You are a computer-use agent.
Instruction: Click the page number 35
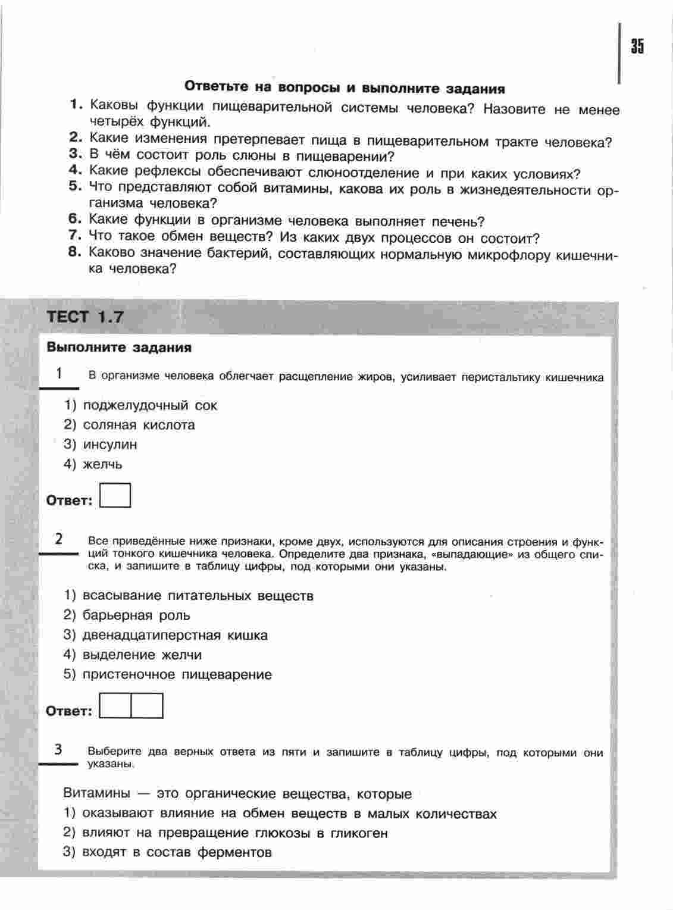(637, 46)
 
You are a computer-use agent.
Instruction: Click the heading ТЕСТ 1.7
(85, 317)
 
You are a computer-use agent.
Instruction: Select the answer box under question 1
(115, 495)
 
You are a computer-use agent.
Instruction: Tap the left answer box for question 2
(115, 706)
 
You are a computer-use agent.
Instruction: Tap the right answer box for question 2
(147, 706)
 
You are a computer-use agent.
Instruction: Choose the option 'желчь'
(102, 464)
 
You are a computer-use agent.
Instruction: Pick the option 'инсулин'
(110, 445)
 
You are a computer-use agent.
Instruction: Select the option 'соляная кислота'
(139, 425)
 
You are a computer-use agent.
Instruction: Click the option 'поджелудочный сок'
(150, 405)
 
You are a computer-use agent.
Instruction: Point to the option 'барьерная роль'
(136, 615)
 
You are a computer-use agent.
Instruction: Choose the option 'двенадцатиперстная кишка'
(175, 635)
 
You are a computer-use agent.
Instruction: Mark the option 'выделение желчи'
(142, 655)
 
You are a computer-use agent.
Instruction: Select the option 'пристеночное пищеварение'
(177, 674)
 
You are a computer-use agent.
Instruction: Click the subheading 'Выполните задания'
(119, 348)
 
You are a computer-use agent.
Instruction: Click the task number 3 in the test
(58, 750)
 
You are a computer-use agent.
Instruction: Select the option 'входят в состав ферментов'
(177, 852)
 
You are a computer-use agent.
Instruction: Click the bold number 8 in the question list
(74, 252)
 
